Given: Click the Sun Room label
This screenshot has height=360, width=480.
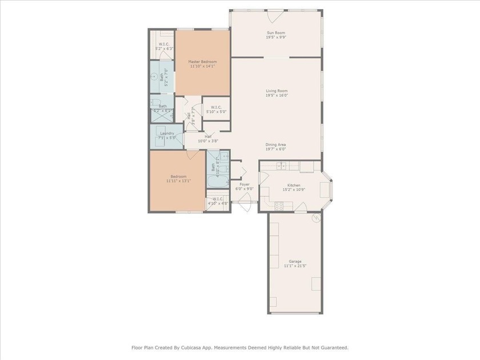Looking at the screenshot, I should click(x=276, y=33).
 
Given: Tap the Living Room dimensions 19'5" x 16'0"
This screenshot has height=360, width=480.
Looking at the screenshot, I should click(x=276, y=96).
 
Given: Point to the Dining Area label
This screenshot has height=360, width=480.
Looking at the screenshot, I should click(x=275, y=145).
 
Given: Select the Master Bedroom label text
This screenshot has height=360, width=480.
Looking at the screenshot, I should click(x=202, y=61).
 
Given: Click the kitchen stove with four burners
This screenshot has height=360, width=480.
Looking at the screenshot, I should click(x=279, y=206).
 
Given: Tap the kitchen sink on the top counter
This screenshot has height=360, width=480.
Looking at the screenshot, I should click(x=281, y=166).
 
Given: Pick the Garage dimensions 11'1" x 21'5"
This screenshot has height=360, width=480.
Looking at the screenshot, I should click(x=295, y=266).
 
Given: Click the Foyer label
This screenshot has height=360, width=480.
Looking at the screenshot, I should click(x=244, y=184).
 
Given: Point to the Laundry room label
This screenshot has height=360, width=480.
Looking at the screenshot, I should click(x=167, y=133).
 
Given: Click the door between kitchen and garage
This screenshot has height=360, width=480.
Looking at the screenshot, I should click(x=300, y=211).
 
